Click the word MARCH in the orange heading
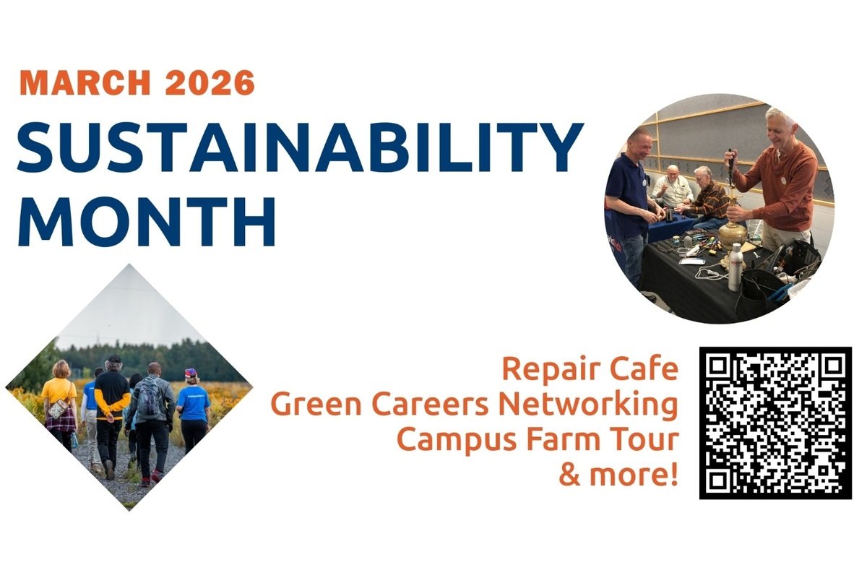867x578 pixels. click(85, 82)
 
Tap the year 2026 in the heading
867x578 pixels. click(210, 82)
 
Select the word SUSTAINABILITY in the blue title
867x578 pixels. click(301, 147)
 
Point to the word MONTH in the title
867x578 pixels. click(147, 221)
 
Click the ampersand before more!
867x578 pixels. click(570, 475)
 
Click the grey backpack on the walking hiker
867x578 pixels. click(150, 396)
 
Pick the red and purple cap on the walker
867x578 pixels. click(191, 373)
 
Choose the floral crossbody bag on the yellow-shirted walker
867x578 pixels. click(59, 408)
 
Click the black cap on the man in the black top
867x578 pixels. click(114, 359)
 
